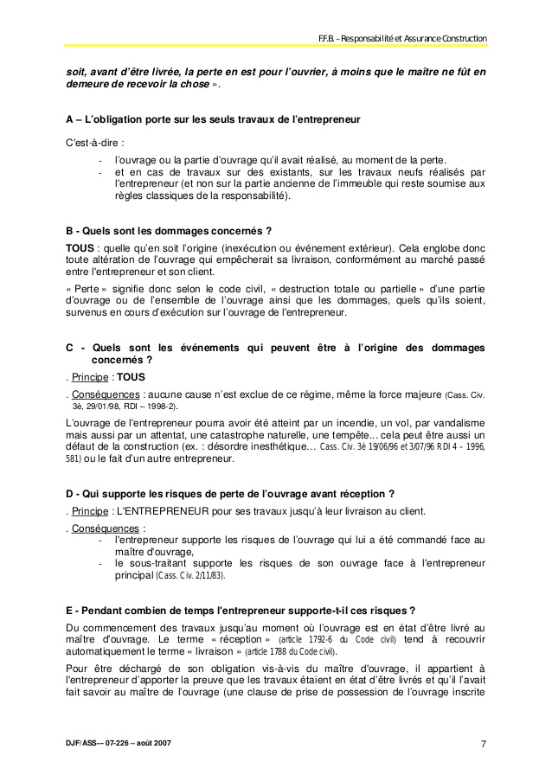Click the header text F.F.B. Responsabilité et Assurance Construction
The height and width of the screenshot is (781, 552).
click(403, 39)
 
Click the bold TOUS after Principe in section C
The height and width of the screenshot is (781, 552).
click(132, 377)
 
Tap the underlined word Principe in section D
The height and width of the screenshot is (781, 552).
click(90, 510)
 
